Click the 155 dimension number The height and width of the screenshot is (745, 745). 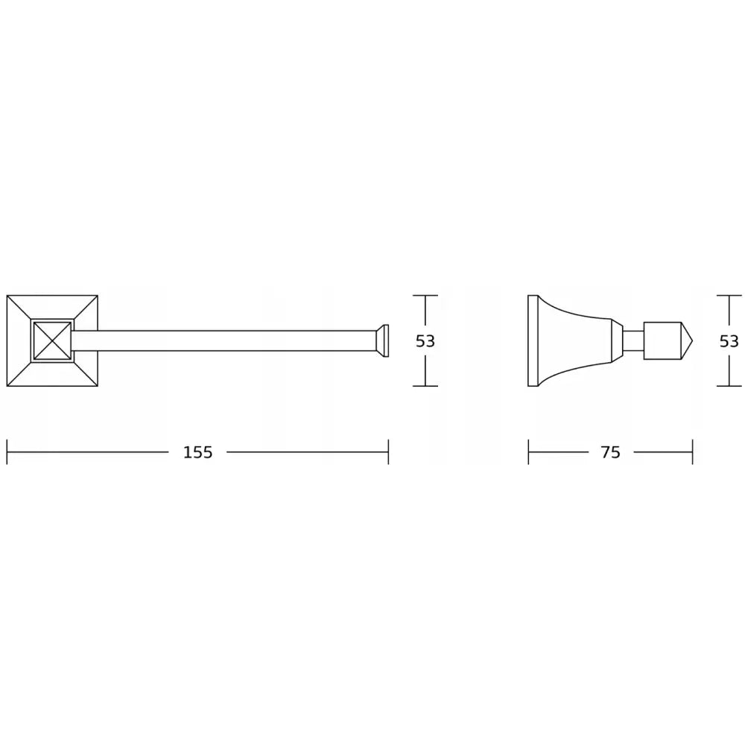(197, 452)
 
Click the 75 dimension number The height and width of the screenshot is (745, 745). (610, 452)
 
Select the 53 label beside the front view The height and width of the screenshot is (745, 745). (425, 341)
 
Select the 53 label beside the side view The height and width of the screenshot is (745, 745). (729, 341)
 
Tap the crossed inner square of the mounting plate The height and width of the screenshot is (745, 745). (52, 341)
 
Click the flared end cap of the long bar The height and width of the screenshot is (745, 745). (381, 341)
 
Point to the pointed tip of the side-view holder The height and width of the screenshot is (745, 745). (690, 341)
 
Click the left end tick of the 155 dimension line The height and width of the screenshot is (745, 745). (7, 452)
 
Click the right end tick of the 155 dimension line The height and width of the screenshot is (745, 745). (388, 452)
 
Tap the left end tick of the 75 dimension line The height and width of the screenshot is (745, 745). (528, 452)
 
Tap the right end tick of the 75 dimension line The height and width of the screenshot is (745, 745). (693, 452)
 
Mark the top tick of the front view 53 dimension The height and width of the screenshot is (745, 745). (425, 296)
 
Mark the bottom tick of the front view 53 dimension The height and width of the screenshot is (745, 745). (425, 386)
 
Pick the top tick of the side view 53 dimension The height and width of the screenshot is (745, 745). (729, 296)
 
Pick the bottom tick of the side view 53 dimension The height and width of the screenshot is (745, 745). (729, 386)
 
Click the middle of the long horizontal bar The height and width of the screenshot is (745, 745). (223, 341)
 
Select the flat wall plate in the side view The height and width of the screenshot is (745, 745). (533, 341)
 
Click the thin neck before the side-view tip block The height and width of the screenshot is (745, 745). (633, 341)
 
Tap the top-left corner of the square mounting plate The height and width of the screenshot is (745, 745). (7, 297)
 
